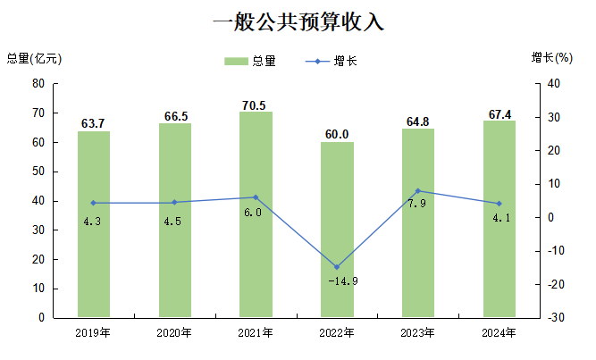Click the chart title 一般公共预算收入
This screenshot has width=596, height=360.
pos(298,21)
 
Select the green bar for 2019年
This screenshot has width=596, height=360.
pos(94,223)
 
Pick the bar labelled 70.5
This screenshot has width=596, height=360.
pos(256,214)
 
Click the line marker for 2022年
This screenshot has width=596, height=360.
pos(337,267)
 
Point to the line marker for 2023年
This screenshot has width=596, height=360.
pos(418,191)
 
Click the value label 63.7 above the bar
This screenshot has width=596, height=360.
pos(94,123)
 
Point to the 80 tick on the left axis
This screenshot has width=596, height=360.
pos(38,84)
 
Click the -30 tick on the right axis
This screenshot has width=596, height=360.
pos(556,318)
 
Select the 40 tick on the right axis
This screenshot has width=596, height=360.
pos(554,84)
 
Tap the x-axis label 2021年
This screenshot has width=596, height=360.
pos(256,333)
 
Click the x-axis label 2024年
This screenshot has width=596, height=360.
pos(499,333)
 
